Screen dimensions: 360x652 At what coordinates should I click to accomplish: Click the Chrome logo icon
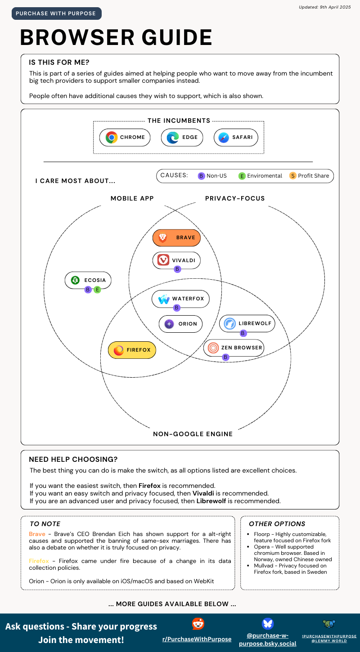(x=111, y=138)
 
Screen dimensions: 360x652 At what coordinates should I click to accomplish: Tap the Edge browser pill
(x=182, y=138)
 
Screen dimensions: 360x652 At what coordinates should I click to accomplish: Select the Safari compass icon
(x=224, y=138)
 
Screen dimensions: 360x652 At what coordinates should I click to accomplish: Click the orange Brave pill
(x=176, y=237)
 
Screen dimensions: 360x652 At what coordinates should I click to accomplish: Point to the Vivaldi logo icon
(x=163, y=260)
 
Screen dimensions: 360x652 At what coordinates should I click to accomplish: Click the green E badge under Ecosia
(x=97, y=290)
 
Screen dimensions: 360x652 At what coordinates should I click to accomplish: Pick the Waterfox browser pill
(x=180, y=299)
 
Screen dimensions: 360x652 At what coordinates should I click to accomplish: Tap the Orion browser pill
(x=180, y=324)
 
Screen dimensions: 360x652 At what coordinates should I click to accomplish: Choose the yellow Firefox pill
(x=132, y=350)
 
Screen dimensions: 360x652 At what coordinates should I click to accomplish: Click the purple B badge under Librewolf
(x=243, y=333)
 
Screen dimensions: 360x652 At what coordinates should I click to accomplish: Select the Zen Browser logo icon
(x=213, y=348)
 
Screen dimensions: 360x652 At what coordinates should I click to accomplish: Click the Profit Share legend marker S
(x=292, y=176)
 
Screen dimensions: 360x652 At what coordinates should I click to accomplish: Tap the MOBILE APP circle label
(x=132, y=198)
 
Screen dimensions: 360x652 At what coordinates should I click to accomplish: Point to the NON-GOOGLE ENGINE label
(x=193, y=434)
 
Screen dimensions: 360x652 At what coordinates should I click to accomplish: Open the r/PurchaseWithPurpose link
(x=197, y=639)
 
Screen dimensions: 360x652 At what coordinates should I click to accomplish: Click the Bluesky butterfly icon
(x=268, y=623)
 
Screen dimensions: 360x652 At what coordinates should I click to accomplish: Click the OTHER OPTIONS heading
(x=277, y=524)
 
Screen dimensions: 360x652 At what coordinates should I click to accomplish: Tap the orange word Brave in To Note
(x=37, y=534)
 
